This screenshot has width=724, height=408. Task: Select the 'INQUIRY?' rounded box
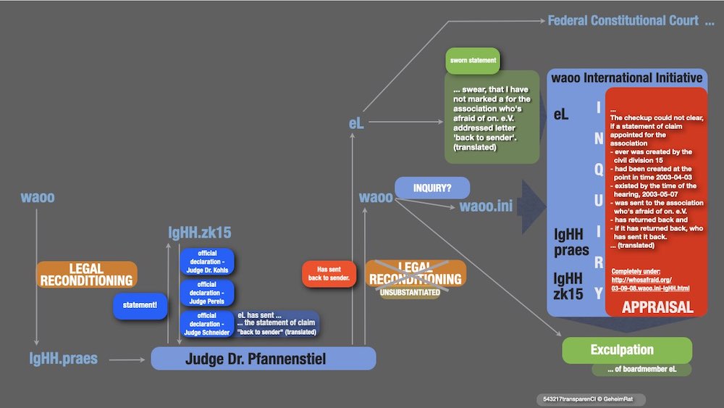432,188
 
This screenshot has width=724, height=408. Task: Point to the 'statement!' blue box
140,307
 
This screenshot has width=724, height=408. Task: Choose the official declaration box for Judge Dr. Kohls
207,262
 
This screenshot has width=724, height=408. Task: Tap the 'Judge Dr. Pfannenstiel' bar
263,359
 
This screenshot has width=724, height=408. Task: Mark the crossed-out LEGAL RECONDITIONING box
416,273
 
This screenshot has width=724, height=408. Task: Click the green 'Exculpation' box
627,350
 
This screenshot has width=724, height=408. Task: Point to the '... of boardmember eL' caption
641,370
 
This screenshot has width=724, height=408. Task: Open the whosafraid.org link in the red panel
650,283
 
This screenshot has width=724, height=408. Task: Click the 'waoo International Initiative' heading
626,78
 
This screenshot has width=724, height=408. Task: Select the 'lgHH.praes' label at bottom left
63,359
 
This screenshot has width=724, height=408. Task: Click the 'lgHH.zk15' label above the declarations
200,233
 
